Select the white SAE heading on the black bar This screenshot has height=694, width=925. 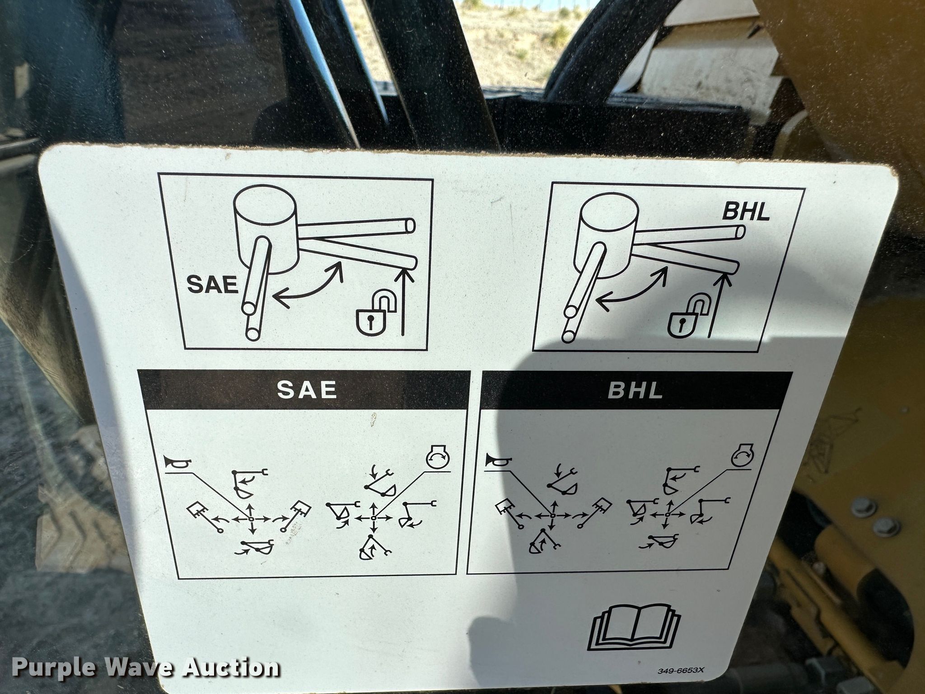(307, 389)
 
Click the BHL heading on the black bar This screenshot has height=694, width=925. (635, 390)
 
